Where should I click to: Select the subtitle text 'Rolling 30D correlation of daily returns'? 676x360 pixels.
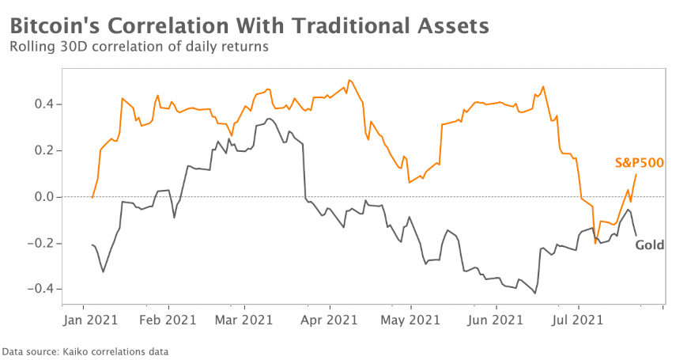click(139, 47)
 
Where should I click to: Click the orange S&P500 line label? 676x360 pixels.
click(639, 163)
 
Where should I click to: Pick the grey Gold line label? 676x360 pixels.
click(650, 245)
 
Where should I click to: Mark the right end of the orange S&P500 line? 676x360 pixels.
click(636, 174)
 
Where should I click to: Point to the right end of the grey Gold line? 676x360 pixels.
click(636, 234)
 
